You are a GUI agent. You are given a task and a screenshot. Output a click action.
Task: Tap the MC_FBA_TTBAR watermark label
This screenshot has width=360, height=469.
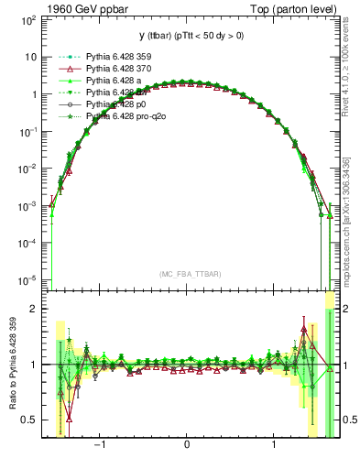[187, 274]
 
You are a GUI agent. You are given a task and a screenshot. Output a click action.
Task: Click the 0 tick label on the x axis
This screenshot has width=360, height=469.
[187, 443]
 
